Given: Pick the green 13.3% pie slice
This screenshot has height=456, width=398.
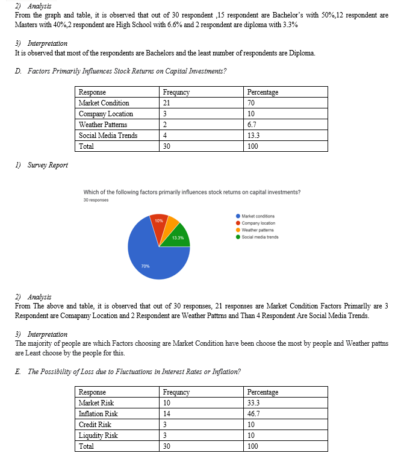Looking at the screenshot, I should (179, 237).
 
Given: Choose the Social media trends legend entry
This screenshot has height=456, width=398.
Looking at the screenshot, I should (260, 237).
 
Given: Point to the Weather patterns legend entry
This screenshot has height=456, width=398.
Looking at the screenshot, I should (258, 230).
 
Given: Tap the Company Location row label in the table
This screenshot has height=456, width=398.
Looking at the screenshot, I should (106, 114).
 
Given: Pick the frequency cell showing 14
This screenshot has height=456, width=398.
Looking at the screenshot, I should (167, 414).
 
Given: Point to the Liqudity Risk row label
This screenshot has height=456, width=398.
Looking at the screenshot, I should (98, 436).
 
